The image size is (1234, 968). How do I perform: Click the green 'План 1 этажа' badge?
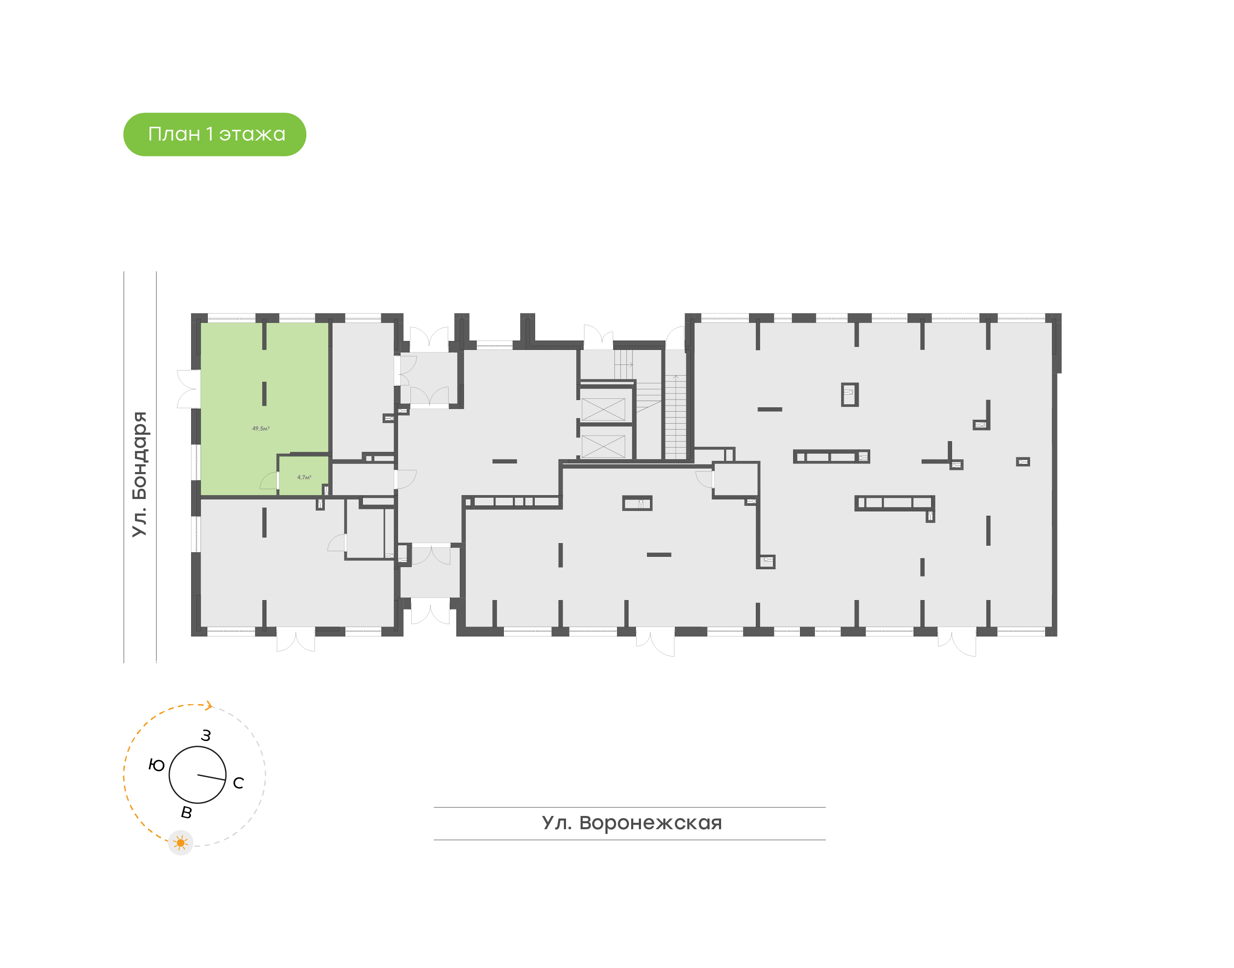(x=214, y=134)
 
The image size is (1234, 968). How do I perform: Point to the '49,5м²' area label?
(x=261, y=428)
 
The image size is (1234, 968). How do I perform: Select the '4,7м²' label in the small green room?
(x=304, y=477)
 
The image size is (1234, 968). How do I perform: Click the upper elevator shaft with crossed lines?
(x=603, y=409)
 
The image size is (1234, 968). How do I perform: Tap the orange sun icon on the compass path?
(x=181, y=843)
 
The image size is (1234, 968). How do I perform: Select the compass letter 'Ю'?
(x=156, y=766)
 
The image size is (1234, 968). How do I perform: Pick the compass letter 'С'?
(x=239, y=783)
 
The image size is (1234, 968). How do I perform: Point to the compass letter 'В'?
(x=186, y=813)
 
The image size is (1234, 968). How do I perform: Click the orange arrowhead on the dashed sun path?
(x=209, y=705)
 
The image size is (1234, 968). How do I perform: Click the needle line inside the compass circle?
(x=211, y=777)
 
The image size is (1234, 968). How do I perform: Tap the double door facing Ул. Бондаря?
(x=188, y=389)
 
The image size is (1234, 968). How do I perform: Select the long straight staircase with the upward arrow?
(x=675, y=417)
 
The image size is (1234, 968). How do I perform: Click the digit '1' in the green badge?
(x=210, y=134)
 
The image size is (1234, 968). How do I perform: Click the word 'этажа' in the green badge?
(x=252, y=134)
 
